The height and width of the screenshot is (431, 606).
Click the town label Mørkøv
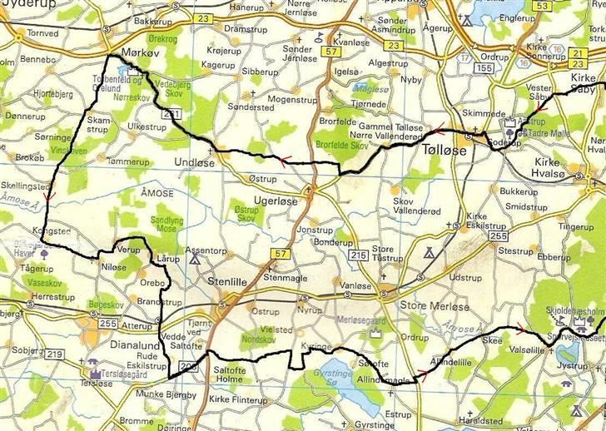(x=139, y=52)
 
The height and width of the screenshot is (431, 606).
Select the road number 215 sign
(x=359, y=255)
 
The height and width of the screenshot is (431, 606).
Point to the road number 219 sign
(x=55, y=355)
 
